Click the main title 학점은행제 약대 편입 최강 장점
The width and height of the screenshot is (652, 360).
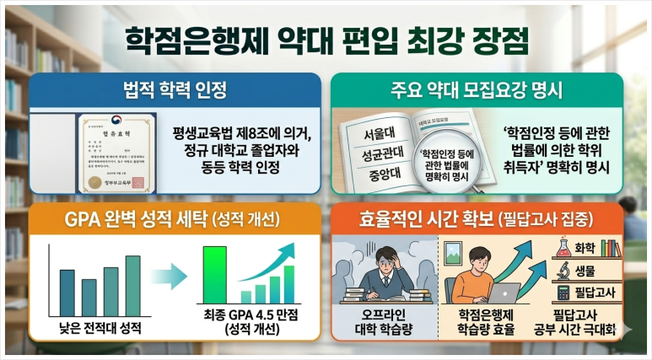coord(326,39)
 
